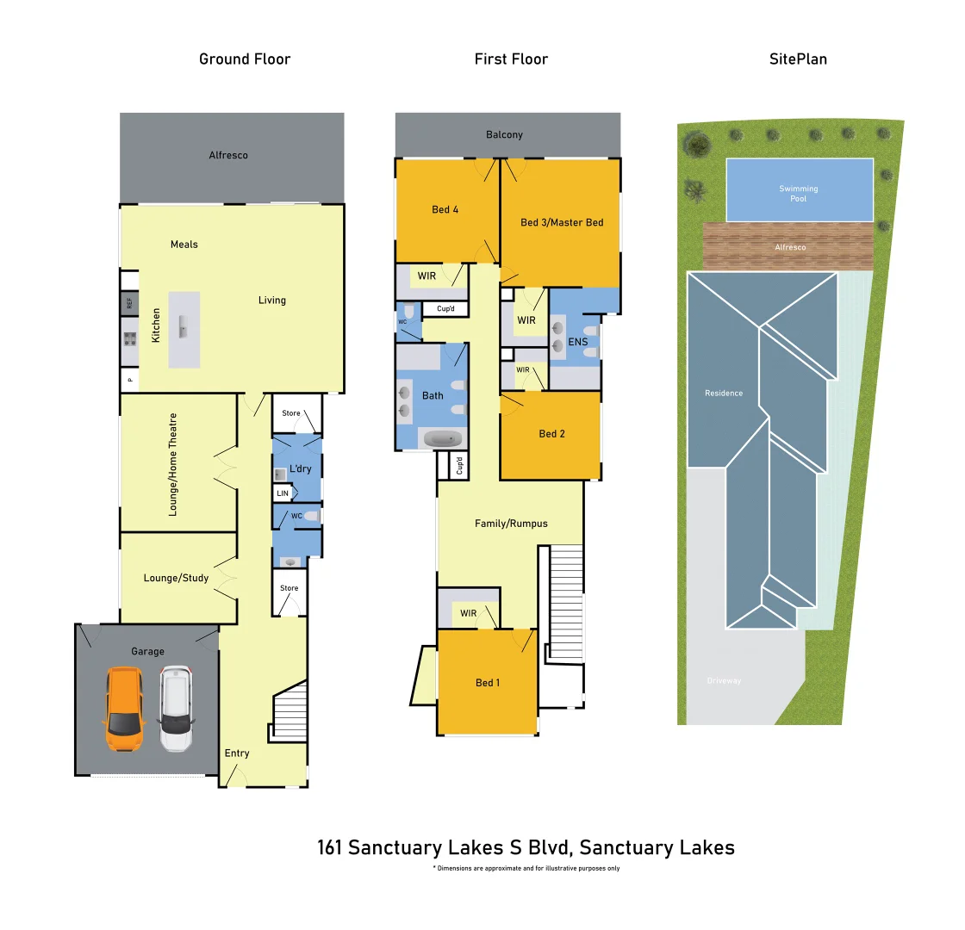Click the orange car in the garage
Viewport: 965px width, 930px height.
pos(123,710)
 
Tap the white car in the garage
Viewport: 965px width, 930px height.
pos(176,709)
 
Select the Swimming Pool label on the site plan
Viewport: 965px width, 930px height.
pos(799,194)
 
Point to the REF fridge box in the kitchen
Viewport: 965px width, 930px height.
pos(129,303)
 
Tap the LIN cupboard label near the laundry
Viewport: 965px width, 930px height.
pos(283,493)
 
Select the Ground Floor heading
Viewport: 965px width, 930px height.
pos(245,59)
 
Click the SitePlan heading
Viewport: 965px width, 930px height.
pos(798,59)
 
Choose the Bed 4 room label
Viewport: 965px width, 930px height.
pos(445,209)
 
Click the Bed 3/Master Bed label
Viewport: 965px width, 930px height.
pos(562,222)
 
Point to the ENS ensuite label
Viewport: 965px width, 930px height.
pos(578,342)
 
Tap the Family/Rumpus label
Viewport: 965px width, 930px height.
pos(511,523)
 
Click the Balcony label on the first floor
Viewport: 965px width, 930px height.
pos(504,134)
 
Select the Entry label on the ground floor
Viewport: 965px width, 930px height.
pos(237,753)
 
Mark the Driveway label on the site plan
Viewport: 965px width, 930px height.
pos(724,681)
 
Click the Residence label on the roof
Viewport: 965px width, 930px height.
pos(724,393)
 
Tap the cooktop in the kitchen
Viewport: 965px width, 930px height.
pos(130,338)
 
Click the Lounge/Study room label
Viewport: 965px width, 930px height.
pos(176,578)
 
